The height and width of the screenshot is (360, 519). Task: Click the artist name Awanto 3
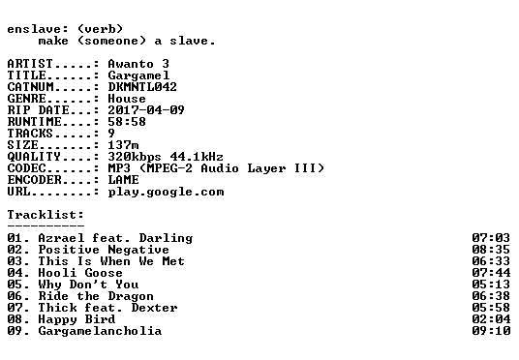click(138, 64)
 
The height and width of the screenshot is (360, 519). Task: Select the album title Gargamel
click(138, 75)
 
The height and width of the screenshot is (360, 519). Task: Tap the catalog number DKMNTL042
click(142, 87)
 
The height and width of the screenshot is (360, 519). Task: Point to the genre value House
click(127, 99)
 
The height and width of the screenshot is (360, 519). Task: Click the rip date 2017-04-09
click(146, 110)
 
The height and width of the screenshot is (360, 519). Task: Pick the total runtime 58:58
click(127, 122)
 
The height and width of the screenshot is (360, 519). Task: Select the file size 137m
click(123, 145)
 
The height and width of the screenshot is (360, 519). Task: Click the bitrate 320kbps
click(135, 157)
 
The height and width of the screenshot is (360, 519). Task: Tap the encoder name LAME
click(123, 180)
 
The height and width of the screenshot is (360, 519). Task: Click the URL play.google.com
click(166, 193)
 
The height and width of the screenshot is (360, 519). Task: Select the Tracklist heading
click(46, 215)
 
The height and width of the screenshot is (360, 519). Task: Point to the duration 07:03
click(491, 238)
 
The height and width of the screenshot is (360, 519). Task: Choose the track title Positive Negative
click(104, 250)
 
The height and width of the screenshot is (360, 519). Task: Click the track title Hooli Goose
click(80, 273)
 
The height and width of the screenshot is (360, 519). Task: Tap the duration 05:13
click(491, 285)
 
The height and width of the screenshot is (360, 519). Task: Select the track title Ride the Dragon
click(96, 296)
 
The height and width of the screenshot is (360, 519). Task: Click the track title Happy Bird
click(76, 319)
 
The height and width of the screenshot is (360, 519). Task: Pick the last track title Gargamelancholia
click(100, 331)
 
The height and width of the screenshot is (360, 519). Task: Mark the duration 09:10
click(491, 331)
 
